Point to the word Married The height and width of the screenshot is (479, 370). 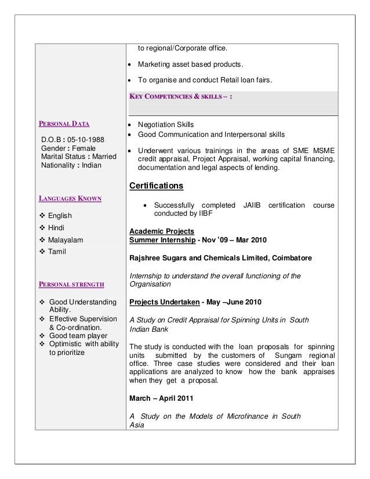[x=101, y=157]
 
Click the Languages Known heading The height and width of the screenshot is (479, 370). [x=70, y=198]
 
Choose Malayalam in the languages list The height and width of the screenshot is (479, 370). [x=66, y=239]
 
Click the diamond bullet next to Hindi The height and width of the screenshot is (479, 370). [x=42, y=227]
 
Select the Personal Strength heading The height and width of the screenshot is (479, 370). [x=71, y=284]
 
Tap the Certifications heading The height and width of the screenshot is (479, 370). [x=156, y=186]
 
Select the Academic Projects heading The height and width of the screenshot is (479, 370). [x=158, y=230]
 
